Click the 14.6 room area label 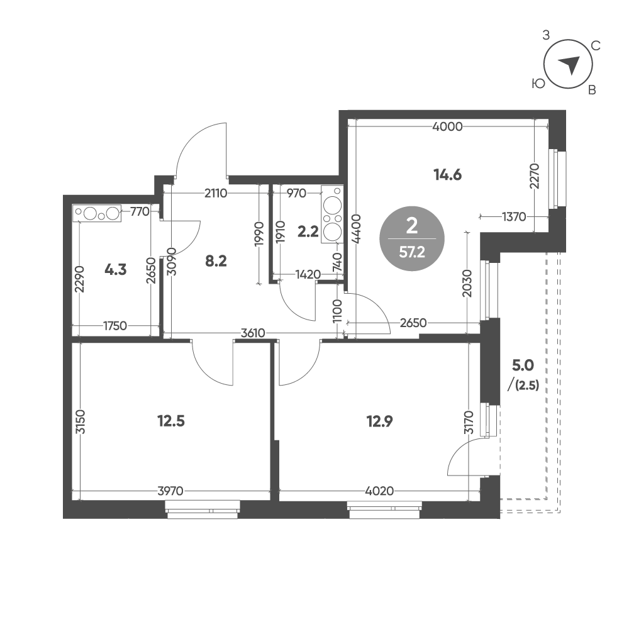[448, 175]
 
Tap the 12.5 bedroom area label [171, 421]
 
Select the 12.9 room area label [379, 421]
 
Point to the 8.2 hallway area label [216, 262]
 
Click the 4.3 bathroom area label [116, 270]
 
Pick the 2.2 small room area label [308, 231]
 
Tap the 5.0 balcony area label [523, 365]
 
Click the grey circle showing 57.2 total [412, 238]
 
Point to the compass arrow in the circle [569, 65]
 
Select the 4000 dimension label [448, 127]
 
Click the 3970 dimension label [170, 491]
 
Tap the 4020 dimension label [379, 491]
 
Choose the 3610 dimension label [253, 333]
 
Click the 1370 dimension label [514, 217]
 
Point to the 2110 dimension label [216, 194]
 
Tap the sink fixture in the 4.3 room [97, 213]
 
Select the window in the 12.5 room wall [203, 509]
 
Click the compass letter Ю [538, 84]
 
